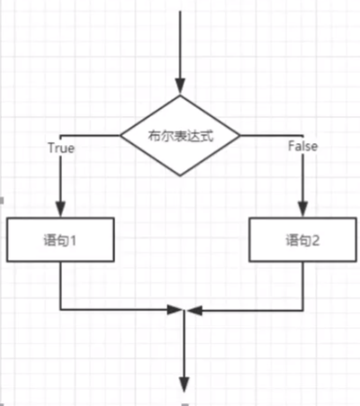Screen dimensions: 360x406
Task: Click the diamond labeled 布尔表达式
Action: coord(180,136)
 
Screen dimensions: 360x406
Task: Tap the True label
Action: coord(61,148)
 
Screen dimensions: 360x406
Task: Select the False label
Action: coord(302,146)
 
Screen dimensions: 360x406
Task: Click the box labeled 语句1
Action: coord(60,239)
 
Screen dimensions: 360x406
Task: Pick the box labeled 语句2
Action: coord(302,240)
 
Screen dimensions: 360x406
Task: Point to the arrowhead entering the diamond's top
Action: coord(180,86)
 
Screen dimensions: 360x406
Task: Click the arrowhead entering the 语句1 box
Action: coord(60,209)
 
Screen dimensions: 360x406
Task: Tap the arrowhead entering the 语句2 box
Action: coord(302,209)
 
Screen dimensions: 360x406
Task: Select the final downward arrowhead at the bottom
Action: coord(184,384)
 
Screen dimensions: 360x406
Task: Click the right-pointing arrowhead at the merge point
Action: coord(175,310)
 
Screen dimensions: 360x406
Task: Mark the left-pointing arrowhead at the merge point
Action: coord(194,311)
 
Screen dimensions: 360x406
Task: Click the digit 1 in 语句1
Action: coord(72,240)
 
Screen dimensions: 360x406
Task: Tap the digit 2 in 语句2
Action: coord(315,240)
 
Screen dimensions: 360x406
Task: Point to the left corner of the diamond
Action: coord(121,136)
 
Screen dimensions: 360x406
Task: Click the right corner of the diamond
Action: coord(240,136)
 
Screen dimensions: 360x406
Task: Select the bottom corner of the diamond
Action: coord(180,176)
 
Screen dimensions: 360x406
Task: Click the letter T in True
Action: coord(52,148)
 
